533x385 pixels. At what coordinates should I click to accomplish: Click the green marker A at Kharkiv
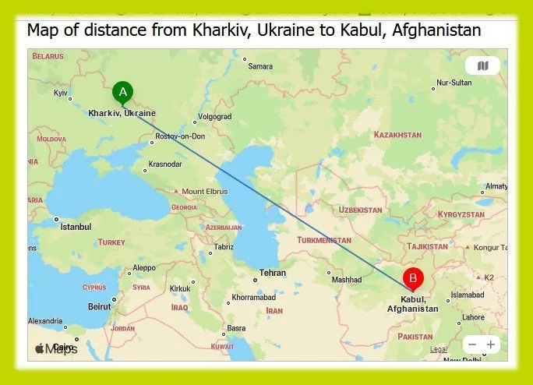[x=122, y=92]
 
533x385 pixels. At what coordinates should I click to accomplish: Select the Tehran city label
[x=273, y=274]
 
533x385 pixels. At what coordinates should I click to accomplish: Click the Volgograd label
[x=215, y=117]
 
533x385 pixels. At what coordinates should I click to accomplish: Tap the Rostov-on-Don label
[x=180, y=136]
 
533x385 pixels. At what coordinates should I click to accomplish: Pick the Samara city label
[x=260, y=66]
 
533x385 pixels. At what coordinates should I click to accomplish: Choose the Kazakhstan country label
[x=397, y=135]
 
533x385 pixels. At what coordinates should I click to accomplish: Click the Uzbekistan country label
[x=360, y=210]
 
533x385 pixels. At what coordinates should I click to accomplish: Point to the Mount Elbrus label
[x=204, y=192]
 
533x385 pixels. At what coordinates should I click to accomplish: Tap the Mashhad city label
[x=347, y=280]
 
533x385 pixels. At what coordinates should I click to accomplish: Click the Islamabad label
[x=468, y=295]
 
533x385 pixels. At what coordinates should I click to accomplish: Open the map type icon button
[x=482, y=66]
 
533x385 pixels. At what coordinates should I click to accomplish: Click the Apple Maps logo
[x=55, y=348]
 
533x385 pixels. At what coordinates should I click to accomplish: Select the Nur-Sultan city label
[x=454, y=83]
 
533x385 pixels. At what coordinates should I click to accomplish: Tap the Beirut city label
[x=99, y=306]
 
